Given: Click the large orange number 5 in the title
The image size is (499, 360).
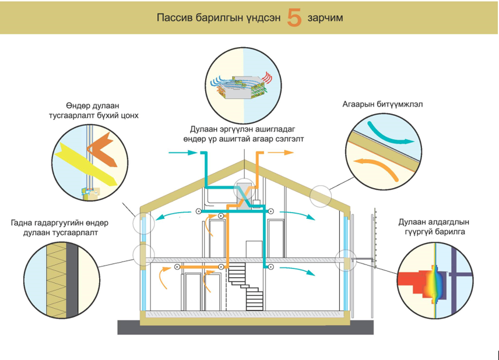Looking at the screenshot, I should click(x=294, y=18).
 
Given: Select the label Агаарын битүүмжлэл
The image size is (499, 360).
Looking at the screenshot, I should click(x=382, y=105).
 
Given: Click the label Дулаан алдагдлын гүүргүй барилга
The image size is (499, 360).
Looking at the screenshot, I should click(x=434, y=228).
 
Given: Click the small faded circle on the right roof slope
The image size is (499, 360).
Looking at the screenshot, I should click(x=320, y=196).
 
